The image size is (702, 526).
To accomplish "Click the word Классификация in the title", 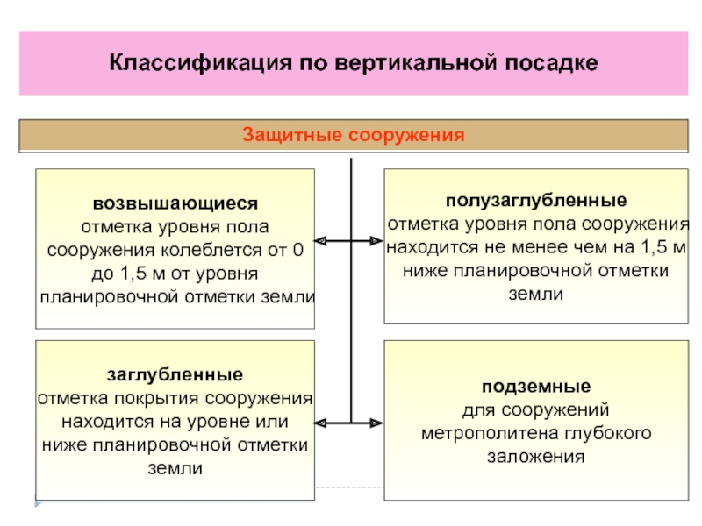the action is point(201,63).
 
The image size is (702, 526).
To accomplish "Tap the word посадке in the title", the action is point(551,62).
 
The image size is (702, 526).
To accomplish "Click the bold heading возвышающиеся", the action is point(175,203).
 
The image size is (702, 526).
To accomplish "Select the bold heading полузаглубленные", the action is point(536,201).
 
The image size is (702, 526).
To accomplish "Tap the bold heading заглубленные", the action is point(175,374).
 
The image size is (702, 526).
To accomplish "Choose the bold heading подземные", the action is point(536,387).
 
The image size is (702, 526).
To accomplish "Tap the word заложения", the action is point(536,457).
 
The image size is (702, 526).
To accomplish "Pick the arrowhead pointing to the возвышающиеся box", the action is point(320,241).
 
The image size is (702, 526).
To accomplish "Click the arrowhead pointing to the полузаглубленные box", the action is point(377,241).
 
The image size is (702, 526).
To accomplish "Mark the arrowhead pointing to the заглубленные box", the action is point(320,423).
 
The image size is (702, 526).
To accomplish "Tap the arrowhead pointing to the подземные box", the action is point(377,423).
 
